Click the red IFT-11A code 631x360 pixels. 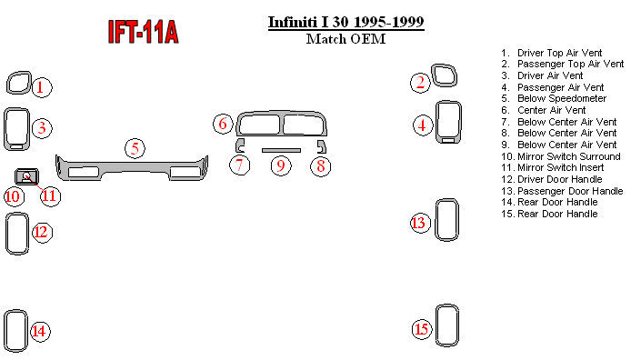point(143,32)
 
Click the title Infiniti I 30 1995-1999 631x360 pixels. point(346,22)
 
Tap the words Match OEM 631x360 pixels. point(346,39)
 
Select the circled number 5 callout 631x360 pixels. point(135,148)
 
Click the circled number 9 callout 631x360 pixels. point(280,165)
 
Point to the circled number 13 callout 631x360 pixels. point(420,223)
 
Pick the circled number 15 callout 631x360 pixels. point(422,329)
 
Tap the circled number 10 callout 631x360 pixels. point(14,196)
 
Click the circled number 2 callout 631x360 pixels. point(421,83)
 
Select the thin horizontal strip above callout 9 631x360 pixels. point(281,150)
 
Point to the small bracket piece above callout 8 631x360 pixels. point(322,146)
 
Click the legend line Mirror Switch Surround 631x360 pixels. point(561,156)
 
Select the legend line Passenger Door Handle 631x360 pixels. point(562,191)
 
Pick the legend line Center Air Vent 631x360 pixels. point(544,110)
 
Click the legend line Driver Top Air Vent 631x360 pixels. point(551,53)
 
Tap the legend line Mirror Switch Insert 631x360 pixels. point(553,168)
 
